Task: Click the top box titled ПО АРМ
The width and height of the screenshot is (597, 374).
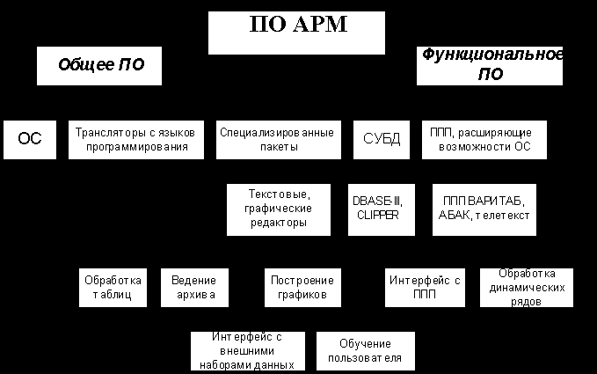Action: click(x=296, y=32)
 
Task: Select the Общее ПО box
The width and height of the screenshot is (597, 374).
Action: click(x=99, y=66)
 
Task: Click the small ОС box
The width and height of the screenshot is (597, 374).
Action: click(x=29, y=139)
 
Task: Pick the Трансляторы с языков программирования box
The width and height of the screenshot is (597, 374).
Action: click(x=136, y=139)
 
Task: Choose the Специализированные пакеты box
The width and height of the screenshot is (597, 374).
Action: click(x=276, y=139)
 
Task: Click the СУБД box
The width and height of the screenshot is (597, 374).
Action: click(x=381, y=139)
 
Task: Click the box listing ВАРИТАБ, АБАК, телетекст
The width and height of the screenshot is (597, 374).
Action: click(x=484, y=209)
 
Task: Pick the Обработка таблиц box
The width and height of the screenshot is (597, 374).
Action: click(x=113, y=287)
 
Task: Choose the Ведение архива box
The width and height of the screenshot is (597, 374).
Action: click(x=194, y=287)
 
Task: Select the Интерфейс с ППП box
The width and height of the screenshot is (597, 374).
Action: click(x=424, y=287)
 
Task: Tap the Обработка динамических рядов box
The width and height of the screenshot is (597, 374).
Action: click(x=526, y=287)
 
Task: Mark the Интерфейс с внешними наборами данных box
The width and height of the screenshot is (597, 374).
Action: click(x=247, y=350)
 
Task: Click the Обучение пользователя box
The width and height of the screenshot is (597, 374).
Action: click(x=364, y=350)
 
